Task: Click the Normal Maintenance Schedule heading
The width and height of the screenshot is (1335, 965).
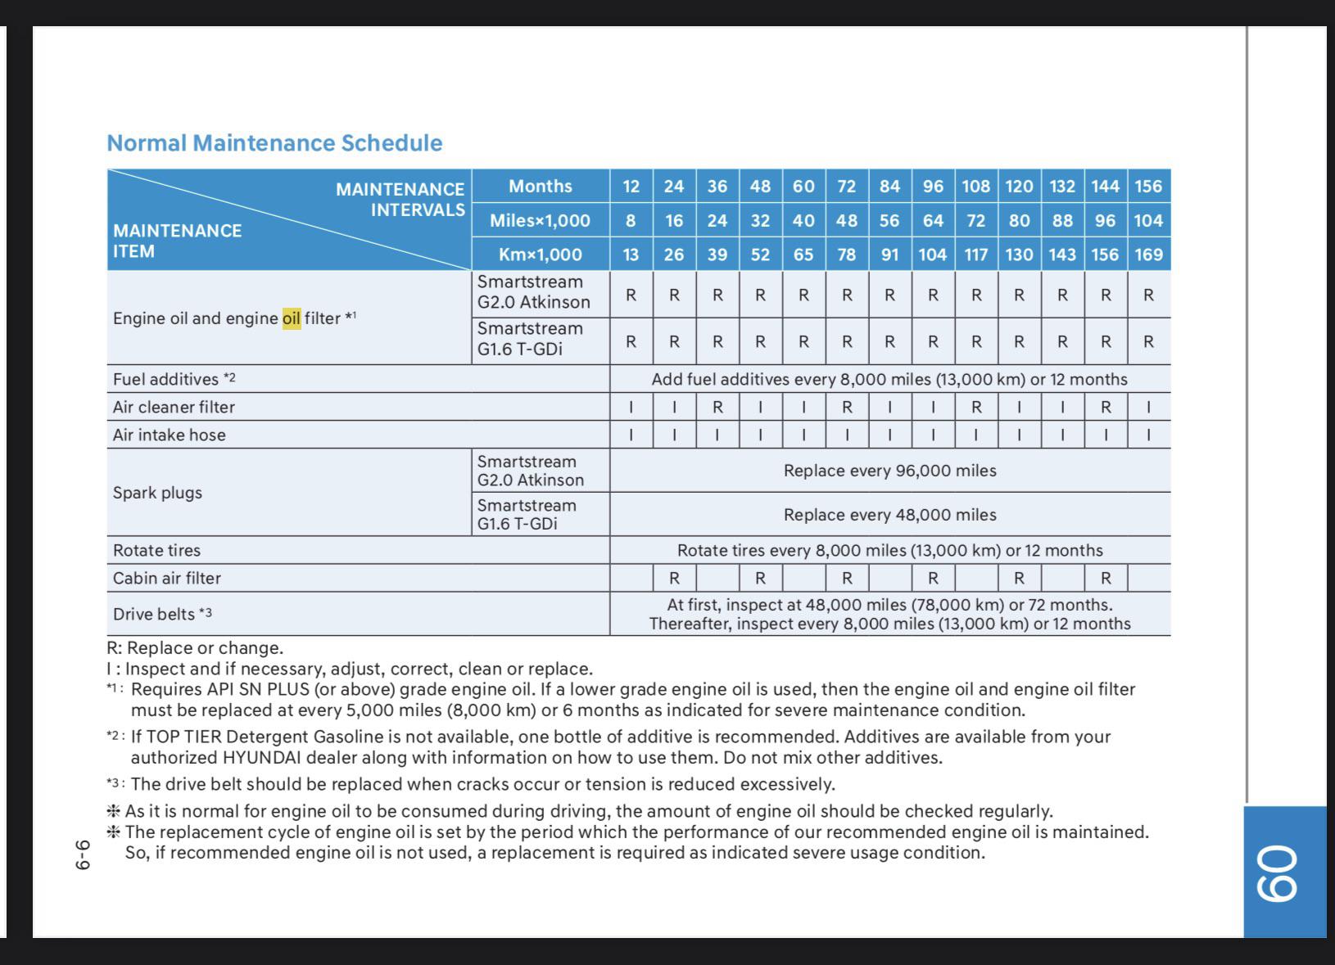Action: pos(274,143)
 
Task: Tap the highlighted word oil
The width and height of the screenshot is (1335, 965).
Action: pos(292,318)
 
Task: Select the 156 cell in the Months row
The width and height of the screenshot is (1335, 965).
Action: pos(1148,187)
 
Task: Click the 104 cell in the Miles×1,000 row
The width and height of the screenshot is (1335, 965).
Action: pos(1148,221)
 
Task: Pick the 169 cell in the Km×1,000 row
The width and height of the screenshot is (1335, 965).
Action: pos(1148,255)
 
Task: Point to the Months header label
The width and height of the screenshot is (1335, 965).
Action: pos(541,187)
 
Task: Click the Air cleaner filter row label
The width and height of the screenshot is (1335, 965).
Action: pos(174,407)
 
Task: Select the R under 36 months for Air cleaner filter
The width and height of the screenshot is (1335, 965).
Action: pos(717,407)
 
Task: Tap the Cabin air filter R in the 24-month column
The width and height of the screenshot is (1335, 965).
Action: pos(674,579)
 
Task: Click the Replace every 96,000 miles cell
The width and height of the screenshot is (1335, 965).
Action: pos(889,471)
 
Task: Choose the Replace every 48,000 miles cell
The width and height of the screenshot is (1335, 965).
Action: pos(889,515)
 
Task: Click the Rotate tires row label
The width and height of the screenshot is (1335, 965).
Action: pos(156,551)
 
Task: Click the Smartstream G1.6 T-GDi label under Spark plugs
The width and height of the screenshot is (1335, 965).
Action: pos(527,515)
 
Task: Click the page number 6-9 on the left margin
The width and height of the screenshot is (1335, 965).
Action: pos(82,854)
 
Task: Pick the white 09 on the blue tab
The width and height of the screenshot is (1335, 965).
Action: pos(1278,873)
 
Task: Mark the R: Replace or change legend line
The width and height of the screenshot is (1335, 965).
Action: pos(195,648)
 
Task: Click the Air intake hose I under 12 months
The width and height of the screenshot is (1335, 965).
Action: pos(631,435)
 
